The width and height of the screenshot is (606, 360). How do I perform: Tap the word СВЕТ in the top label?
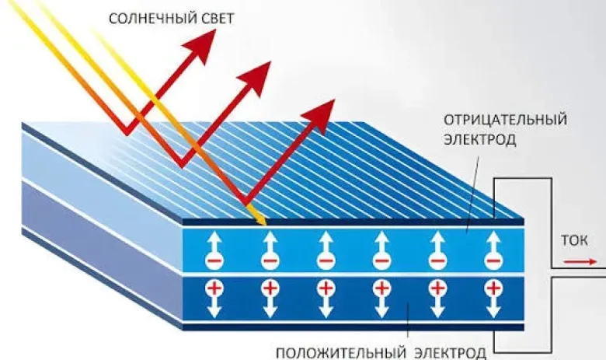coord(214,19)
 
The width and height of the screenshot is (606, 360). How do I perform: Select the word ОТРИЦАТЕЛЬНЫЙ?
coord(505,120)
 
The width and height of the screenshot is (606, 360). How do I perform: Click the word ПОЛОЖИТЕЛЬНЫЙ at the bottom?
coord(341,354)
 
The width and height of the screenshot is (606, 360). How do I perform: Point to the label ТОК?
coord(574,240)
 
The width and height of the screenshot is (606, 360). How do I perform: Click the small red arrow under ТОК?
coord(580,262)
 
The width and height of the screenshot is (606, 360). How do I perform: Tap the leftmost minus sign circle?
coord(214,261)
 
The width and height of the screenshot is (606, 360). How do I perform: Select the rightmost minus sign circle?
coord(493,261)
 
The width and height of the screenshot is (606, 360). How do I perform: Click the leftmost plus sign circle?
coord(214,288)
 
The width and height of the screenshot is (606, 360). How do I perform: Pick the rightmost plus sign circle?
coord(493,288)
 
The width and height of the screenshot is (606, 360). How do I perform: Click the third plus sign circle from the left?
coord(326,288)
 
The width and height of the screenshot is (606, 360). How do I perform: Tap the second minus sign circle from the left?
coord(270,261)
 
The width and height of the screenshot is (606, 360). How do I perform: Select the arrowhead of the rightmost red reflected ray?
coord(320,115)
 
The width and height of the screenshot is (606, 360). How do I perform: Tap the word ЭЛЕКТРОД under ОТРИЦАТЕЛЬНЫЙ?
coord(479,139)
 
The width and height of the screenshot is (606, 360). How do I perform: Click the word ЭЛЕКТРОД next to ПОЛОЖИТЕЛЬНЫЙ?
coord(451,354)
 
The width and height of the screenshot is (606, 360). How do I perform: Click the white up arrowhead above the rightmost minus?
coord(493,238)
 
